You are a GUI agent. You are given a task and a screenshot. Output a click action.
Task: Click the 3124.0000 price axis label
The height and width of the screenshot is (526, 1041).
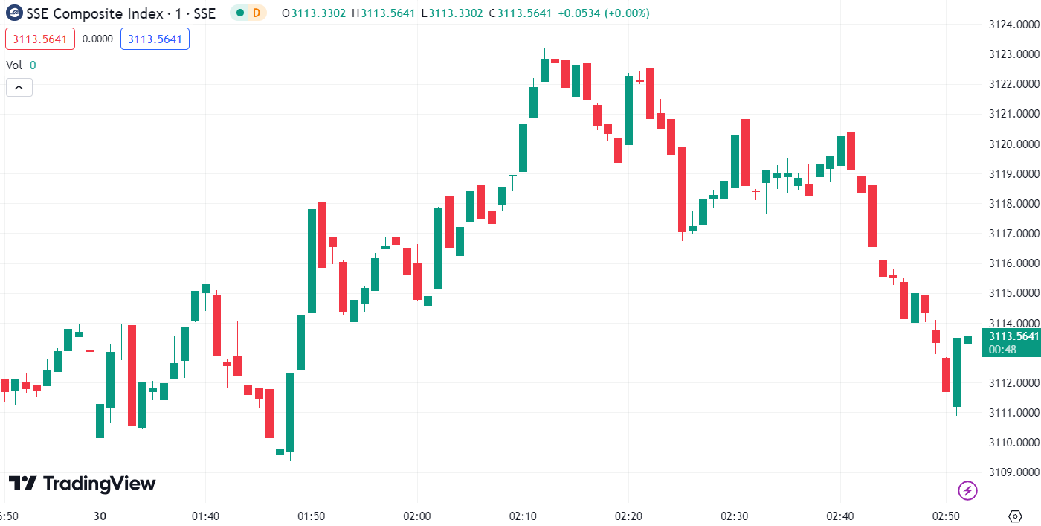coord(1013,25)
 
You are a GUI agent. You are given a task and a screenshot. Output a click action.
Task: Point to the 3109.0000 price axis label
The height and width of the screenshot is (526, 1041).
coord(1013,472)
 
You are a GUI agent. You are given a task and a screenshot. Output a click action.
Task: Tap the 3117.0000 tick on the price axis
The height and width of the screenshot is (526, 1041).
coord(1013,234)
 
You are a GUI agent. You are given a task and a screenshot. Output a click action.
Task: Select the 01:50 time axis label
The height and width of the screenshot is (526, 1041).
coord(311,516)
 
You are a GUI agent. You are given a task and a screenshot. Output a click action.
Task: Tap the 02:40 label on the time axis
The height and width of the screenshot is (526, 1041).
coord(841,516)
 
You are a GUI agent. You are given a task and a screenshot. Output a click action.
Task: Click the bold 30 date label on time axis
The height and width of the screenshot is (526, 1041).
coord(100,516)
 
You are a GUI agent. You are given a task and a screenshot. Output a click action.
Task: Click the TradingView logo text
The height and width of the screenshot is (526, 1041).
coord(82,484)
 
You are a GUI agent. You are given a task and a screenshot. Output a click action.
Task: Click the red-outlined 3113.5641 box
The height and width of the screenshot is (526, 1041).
coord(40,39)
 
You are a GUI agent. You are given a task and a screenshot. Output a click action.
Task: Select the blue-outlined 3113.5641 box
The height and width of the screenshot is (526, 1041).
coord(155,39)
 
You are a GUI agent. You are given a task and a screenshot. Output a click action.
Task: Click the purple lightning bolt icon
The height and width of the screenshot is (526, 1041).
coord(967,490)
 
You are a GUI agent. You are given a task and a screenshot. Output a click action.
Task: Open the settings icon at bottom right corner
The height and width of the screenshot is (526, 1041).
coord(1015,516)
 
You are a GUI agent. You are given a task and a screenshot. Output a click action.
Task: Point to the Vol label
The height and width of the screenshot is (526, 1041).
coord(14,65)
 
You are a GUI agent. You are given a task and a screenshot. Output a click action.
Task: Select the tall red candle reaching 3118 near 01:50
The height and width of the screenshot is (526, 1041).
coord(322,234)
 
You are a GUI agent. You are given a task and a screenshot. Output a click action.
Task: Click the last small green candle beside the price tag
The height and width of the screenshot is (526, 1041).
coord(967,339)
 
